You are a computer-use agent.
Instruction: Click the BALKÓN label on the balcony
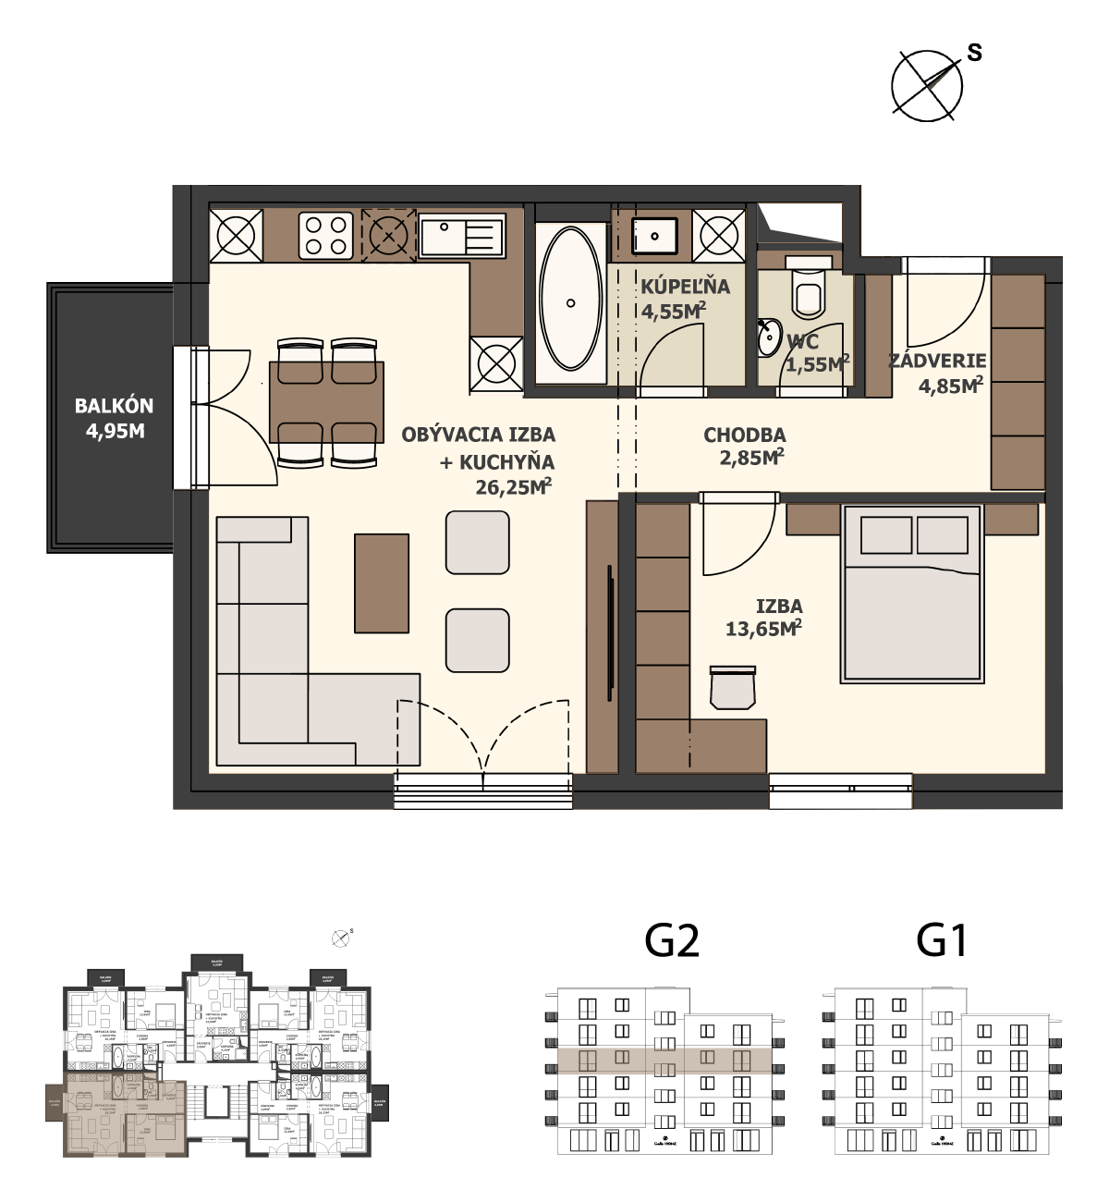[x=114, y=406]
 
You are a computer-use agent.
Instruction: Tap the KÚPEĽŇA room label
[x=685, y=287]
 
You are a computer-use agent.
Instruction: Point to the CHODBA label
[x=744, y=435]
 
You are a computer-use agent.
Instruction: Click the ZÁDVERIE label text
[x=937, y=362]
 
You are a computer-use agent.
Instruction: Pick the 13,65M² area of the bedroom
[x=762, y=629]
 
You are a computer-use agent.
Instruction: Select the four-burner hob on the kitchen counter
[x=326, y=235]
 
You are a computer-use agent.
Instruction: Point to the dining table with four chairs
[x=326, y=402]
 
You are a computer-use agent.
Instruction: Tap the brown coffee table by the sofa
[x=382, y=583]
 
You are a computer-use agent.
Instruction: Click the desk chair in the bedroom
[x=733, y=688]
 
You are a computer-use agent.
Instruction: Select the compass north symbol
[x=927, y=86]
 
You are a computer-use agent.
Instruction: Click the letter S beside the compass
[x=974, y=54]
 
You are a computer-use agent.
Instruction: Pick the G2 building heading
[x=672, y=941]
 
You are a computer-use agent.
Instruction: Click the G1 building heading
[x=942, y=941]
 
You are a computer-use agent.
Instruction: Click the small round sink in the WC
[x=768, y=338]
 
